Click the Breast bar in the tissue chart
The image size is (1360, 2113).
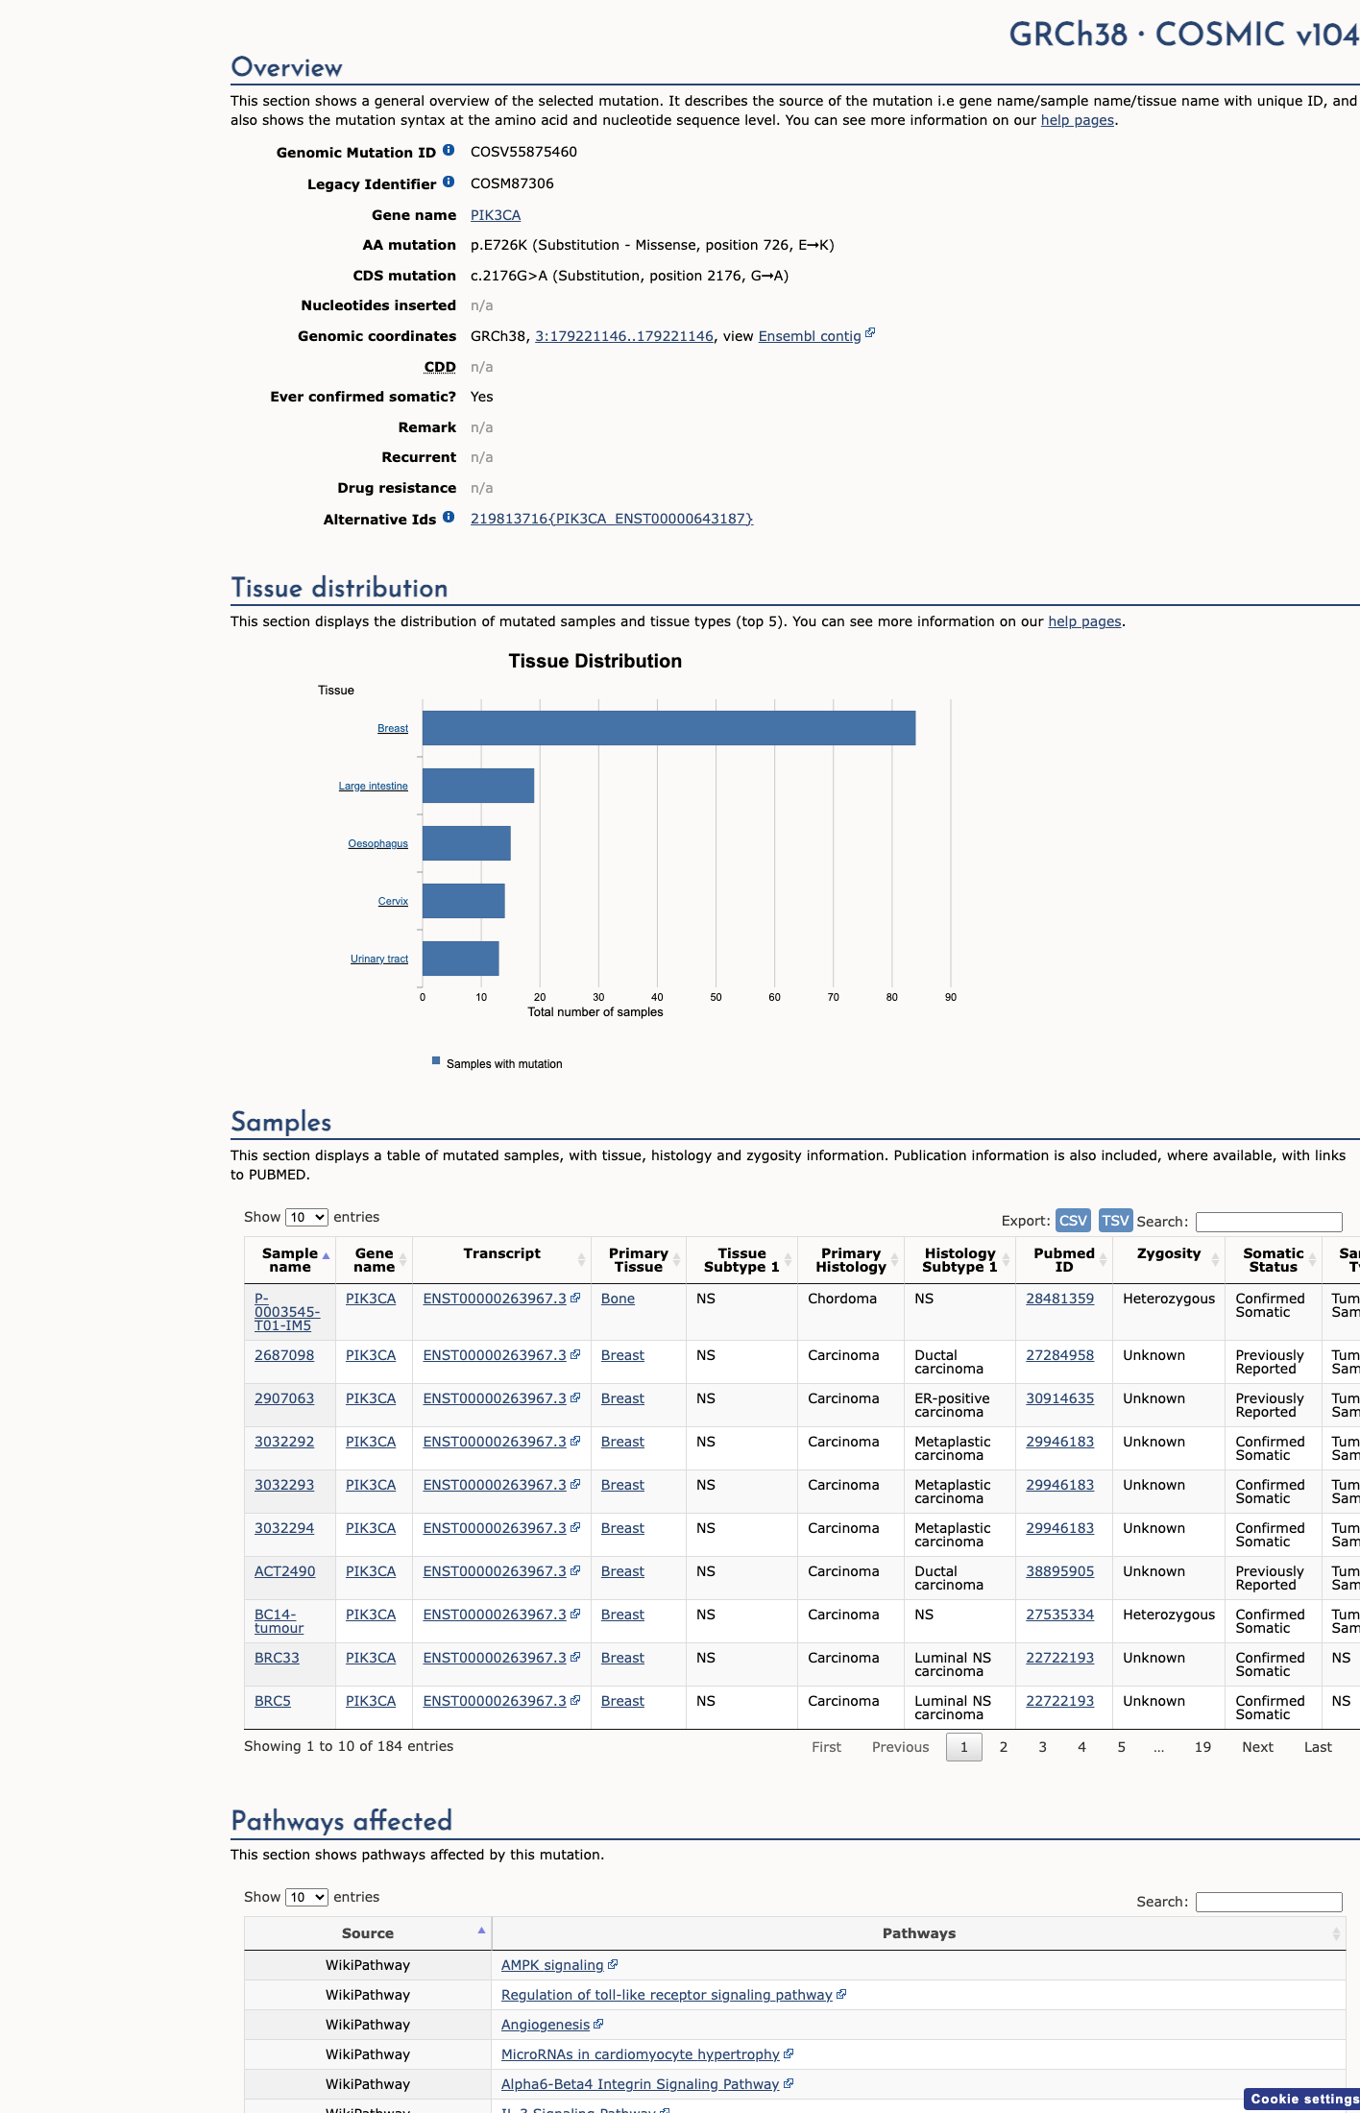coord(668,728)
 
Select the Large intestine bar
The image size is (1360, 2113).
coord(478,786)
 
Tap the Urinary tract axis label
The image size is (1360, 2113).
coord(379,959)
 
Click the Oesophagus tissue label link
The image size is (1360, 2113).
coord(377,843)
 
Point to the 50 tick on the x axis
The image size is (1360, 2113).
coord(716,997)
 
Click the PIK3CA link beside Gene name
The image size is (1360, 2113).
coord(496,215)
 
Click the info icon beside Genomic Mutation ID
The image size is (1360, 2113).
coord(449,150)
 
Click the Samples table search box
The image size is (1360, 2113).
coord(1269,1222)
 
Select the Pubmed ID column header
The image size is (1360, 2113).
coord(1064,1260)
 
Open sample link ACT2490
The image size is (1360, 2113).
coord(284,1571)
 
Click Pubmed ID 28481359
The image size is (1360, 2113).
coord(1059,1299)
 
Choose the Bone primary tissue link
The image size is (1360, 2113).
coord(618,1299)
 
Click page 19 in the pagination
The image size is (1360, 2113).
coord(1202,1747)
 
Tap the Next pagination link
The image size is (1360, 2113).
coord(1257,1747)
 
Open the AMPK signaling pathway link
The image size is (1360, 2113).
coord(552,1965)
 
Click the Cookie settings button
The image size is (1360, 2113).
coord(1303,2099)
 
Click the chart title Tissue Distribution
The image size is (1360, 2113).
coord(595,661)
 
